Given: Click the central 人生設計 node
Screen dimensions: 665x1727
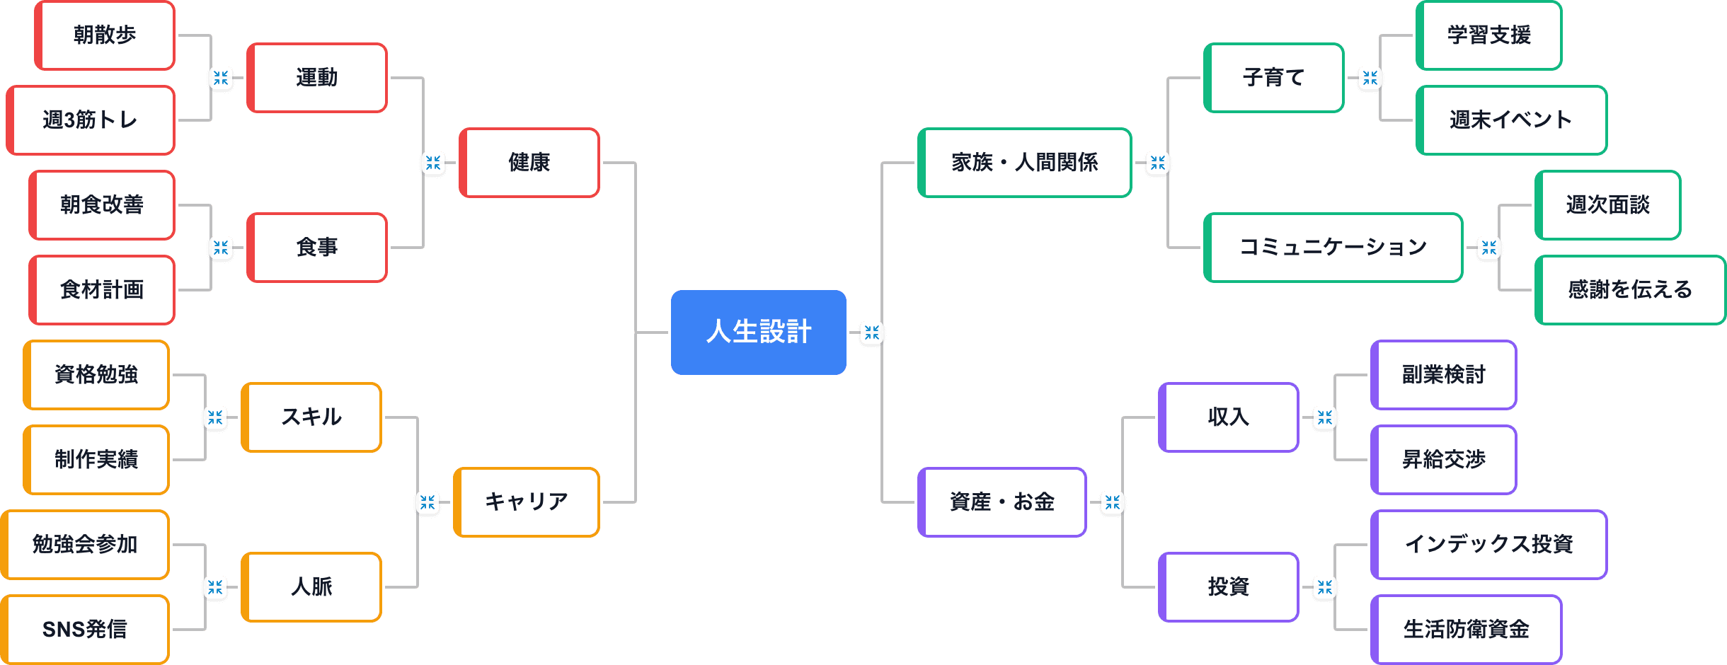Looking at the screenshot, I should click(758, 332).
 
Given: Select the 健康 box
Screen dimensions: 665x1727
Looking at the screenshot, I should click(529, 163).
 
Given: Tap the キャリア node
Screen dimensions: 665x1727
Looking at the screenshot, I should click(527, 502).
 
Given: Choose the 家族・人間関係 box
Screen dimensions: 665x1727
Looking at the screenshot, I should click(1024, 163).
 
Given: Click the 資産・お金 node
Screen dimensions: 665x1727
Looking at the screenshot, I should click(1002, 502).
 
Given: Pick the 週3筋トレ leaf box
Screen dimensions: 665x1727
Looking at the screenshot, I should click(91, 120).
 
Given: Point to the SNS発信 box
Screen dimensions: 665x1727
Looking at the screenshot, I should click(85, 629).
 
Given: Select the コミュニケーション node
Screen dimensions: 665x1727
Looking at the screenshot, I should click(1333, 248).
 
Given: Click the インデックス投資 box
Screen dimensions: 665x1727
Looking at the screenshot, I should click(1488, 544).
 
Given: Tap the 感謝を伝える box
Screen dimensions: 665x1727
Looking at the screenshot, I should click(1629, 289).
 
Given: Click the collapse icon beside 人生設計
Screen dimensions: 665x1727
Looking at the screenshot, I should click(871, 332).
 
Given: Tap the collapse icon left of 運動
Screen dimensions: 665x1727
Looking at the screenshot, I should click(221, 78).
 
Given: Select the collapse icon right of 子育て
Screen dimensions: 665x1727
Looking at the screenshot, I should click(1370, 78).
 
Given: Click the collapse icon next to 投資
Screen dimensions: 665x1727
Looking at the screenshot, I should click(1324, 587).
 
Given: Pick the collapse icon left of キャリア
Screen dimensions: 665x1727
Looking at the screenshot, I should click(428, 502).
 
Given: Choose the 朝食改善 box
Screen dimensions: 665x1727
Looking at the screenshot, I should click(102, 205).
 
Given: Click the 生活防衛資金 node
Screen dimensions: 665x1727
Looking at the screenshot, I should click(1466, 629).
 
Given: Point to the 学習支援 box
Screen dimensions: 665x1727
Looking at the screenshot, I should click(1488, 35).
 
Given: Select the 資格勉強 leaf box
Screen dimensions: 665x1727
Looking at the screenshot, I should click(96, 374).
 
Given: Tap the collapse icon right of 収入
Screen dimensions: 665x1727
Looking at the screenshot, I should click(1324, 417).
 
